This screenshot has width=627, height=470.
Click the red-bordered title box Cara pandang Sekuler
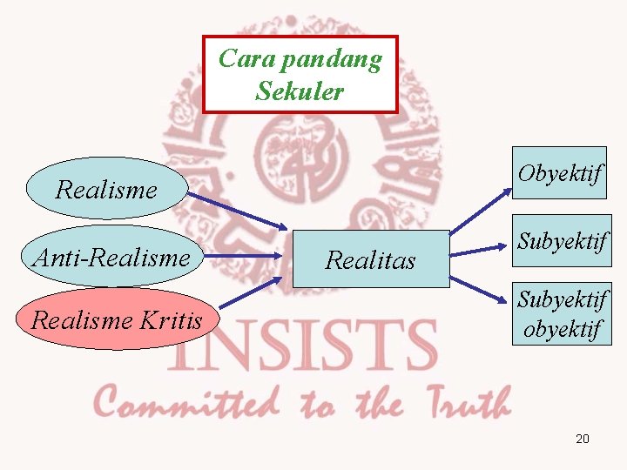click(300, 74)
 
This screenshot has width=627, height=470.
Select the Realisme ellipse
click(106, 188)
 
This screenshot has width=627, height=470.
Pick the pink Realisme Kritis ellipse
click(116, 319)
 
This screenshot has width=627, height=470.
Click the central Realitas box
click(371, 259)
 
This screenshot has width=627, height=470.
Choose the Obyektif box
click(558, 173)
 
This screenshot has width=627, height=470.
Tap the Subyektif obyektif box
click(561, 314)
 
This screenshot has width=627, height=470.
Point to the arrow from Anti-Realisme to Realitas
click(244, 257)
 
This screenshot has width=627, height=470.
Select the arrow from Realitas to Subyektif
click(479, 250)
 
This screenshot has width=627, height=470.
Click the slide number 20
click(583, 439)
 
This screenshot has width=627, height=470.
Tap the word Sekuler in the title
click(300, 91)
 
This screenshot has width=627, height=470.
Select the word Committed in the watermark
click(187, 403)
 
